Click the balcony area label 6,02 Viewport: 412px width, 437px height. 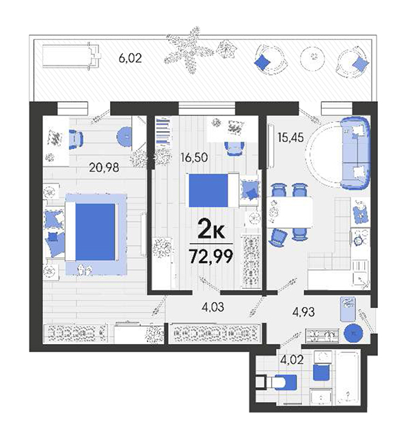131,58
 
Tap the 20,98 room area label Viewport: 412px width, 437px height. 104,167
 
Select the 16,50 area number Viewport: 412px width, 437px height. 194,158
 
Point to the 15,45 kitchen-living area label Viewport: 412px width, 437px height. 290,138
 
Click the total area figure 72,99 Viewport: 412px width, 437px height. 211,256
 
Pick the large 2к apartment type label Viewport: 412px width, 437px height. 211,229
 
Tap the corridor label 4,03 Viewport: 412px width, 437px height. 213,307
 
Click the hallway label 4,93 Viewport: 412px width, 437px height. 303,312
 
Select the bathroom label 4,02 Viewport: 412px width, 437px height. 292,360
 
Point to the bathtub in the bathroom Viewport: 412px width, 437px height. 348,378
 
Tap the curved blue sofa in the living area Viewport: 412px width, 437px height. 355,153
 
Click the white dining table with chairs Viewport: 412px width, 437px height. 290,212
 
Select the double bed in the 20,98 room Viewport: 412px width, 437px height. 92,232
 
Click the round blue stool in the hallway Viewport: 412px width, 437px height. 353,333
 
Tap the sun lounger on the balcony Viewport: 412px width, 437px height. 71,55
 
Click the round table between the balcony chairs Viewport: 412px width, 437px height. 313,57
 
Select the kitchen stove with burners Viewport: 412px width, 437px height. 360,239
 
